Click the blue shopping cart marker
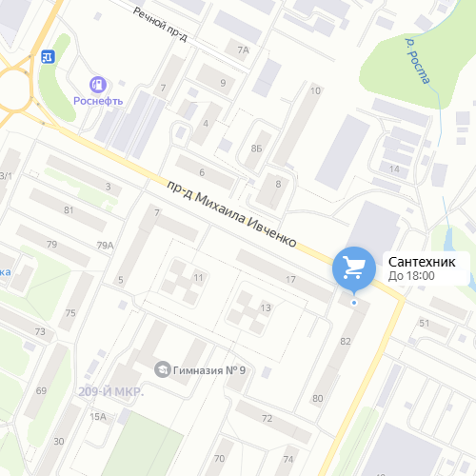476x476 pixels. point(354,267)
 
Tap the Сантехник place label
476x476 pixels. point(422,261)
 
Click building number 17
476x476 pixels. point(290,280)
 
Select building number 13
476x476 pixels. point(266,307)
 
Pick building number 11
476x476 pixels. point(198,277)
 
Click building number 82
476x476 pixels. point(346,341)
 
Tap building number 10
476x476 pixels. point(315,90)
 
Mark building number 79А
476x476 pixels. point(105,246)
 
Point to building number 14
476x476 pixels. point(394,169)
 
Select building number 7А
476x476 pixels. point(243,50)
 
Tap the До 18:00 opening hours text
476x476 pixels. point(411,276)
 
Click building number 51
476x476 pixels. point(425,324)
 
